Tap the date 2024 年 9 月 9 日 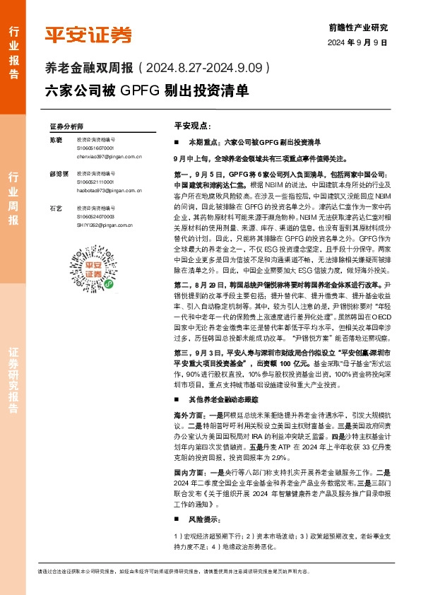(x=358, y=43)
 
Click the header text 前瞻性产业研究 (x=358, y=28)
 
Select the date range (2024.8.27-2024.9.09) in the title (x=204, y=69)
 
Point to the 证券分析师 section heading (x=66, y=126)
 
